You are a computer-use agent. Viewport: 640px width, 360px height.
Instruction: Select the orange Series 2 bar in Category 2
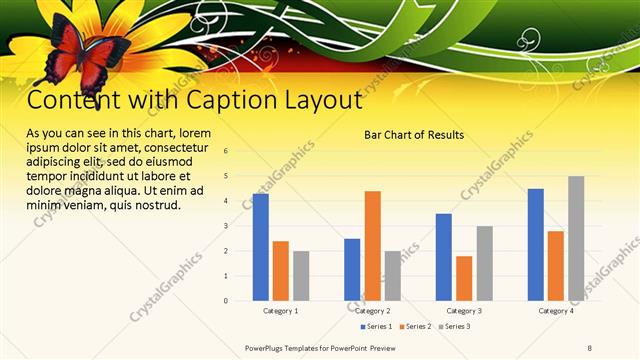pos(372,245)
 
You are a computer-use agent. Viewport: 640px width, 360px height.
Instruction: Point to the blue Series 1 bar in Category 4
pos(536,244)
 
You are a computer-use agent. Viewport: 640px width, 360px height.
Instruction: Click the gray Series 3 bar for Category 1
pos(301,275)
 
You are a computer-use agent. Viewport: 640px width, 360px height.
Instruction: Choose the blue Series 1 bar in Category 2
pos(352,269)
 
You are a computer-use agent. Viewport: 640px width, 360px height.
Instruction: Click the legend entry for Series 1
pos(377,326)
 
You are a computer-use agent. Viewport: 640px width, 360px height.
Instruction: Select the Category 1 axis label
pos(280,311)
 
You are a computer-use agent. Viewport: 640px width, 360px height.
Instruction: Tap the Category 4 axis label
pos(556,311)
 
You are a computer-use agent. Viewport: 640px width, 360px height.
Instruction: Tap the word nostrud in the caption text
pos(157,205)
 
